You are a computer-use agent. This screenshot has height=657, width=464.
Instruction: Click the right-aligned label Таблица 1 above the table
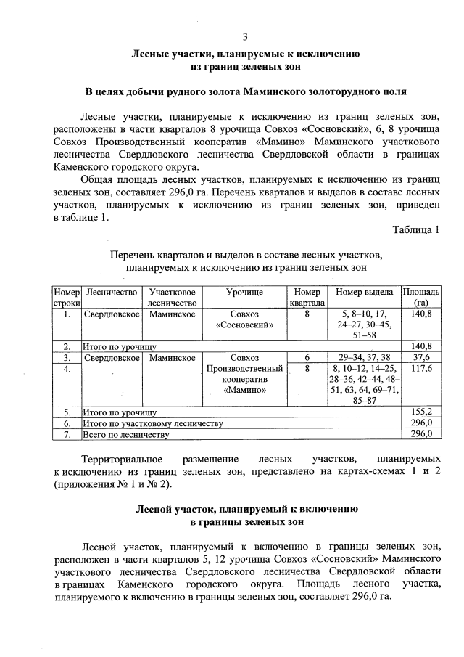coord(415,230)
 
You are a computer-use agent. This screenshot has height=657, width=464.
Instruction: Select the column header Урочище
coord(244,291)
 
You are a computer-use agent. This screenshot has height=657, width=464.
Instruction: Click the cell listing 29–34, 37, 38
coord(364,357)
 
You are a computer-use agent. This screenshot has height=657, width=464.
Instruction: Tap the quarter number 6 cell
coord(307,357)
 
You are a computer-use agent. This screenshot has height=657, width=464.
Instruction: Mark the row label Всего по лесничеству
coord(126,434)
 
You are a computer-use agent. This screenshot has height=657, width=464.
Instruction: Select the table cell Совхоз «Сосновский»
coord(244,319)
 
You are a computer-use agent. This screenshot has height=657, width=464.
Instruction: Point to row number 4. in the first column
coord(66,369)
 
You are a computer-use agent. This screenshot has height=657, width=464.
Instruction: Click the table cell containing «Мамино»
coord(244,380)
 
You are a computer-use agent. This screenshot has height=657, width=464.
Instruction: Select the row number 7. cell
coord(66,434)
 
